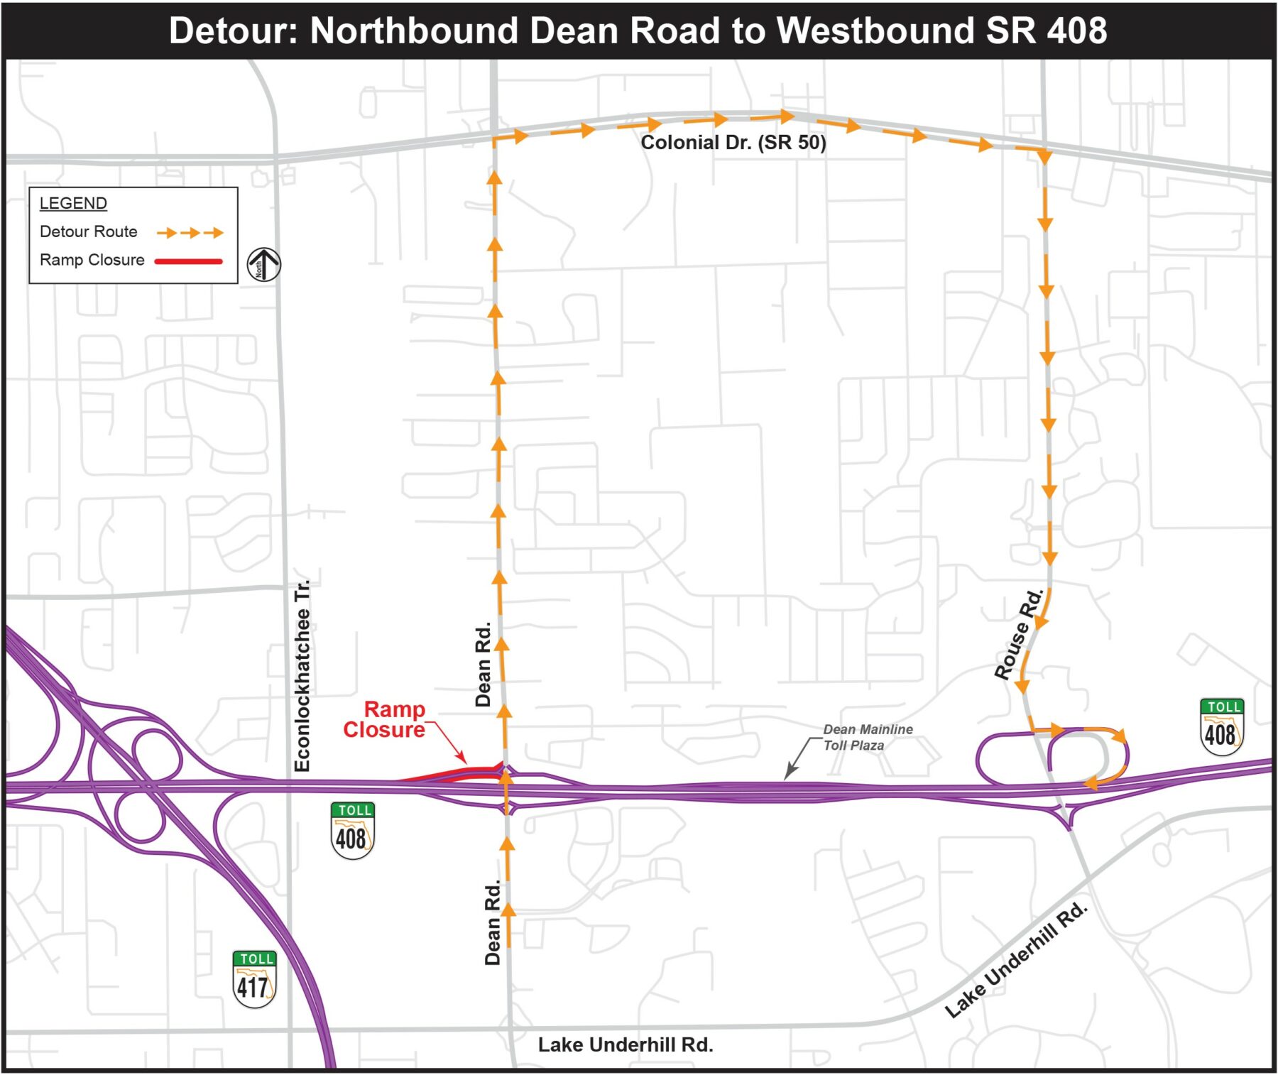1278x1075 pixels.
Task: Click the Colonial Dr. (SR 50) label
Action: (x=733, y=143)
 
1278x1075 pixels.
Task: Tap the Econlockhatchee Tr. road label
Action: (x=302, y=675)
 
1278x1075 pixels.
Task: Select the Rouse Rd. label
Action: (x=1019, y=634)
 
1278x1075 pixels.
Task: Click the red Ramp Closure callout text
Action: (x=384, y=719)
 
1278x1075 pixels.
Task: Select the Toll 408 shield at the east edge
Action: (x=1221, y=727)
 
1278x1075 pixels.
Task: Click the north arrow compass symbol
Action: (x=263, y=264)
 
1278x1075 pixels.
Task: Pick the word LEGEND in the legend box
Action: (x=73, y=203)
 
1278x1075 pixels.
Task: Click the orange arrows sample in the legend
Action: (x=190, y=232)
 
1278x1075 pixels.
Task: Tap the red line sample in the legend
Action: (x=189, y=261)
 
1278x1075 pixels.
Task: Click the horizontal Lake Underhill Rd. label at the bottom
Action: (x=625, y=1044)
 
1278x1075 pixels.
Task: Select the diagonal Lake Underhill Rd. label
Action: (x=1016, y=960)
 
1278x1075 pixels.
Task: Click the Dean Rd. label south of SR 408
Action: (x=493, y=922)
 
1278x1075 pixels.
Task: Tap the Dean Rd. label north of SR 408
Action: (x=483, y=664)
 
